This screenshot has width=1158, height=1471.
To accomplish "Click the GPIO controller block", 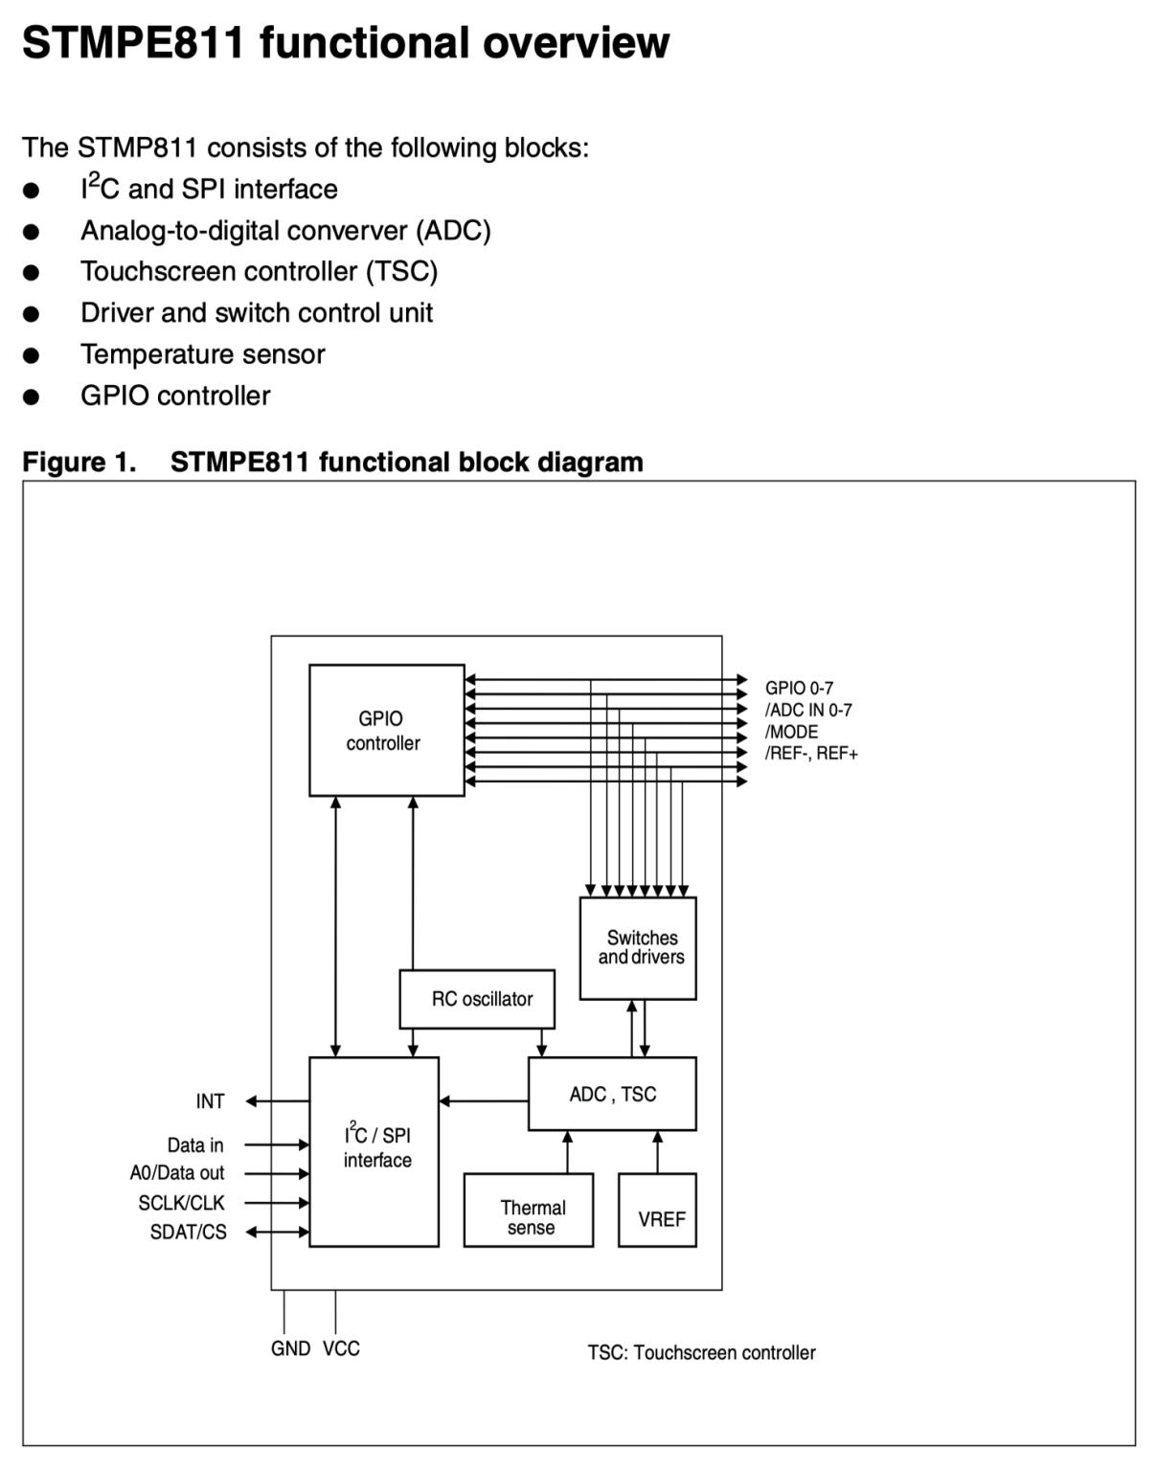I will (x=386, y=730).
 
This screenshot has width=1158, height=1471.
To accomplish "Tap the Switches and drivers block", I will (x=638, y=947).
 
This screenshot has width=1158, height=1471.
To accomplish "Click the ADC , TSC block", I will (x=612, y=1094).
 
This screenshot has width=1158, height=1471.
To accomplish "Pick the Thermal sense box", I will (x=529, y=1211).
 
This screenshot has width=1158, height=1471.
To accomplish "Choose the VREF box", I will (x=657, y=1211).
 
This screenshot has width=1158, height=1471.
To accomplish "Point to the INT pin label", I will (x=210, y=1101).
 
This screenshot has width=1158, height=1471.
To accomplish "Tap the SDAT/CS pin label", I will (x=188, y=1233).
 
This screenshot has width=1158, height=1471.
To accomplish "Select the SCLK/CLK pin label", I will (x=181, y=1203).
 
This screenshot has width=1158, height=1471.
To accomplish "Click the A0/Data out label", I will (x=177, y=1173).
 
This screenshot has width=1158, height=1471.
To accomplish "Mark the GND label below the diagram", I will (x=290, y=1348).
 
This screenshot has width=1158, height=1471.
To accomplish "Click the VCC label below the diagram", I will (x=341, y=1348).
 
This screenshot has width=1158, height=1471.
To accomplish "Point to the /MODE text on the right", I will (x=791, y=732).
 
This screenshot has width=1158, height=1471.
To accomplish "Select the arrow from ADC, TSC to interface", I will (x=484, y=1101).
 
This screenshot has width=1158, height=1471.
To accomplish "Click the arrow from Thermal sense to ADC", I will (x=567, y=1152).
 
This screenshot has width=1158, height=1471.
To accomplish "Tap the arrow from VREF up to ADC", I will (x=657, y=1152).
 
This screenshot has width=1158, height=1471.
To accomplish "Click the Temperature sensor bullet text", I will (x=203, y=354).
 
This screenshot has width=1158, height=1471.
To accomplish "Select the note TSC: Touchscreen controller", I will (x=701, y=1353).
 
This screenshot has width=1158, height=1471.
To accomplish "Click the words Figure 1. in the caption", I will (x=79, y=463).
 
